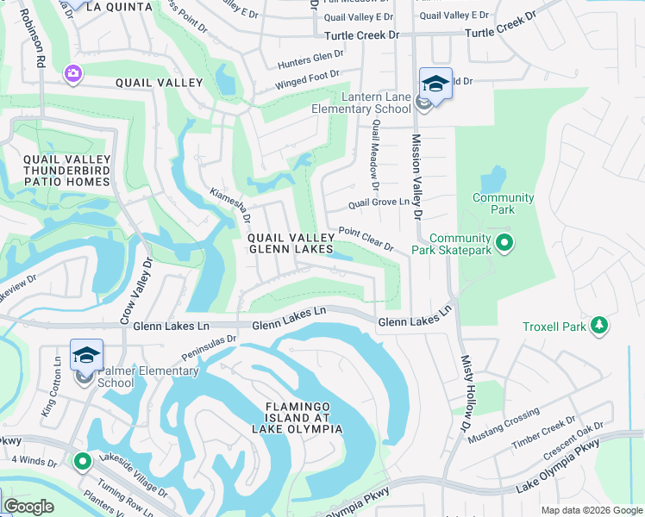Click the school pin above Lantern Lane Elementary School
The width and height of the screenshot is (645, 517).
point(435,84)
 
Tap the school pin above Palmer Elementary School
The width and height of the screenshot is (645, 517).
point(86,355)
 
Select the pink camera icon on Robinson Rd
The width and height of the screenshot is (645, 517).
point(73,76)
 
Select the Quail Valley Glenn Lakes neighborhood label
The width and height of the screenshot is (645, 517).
point(291,243)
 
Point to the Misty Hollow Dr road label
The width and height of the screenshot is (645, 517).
point(467,383)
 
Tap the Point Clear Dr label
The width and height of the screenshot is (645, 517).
point(366,239)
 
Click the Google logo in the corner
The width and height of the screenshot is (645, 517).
point(28,507)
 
